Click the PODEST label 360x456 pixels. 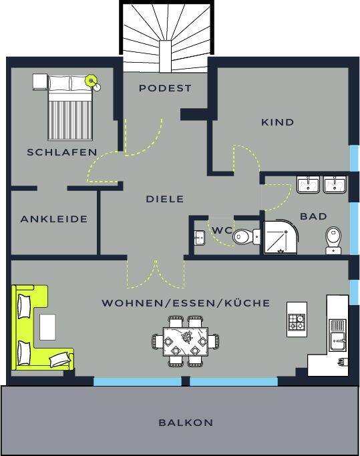(165, 88)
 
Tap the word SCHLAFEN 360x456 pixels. (62, 152)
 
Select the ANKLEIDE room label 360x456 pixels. (54, 219)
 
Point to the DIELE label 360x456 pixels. (165, 199)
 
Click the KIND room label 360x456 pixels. (278, 122)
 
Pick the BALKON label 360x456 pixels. (186, 423)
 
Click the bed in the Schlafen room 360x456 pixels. (70, 107)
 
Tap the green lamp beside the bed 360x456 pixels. (91, 80)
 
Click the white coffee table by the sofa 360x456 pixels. (47, 327)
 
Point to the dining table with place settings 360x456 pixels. (186, 341)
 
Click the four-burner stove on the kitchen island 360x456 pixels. (297, 322)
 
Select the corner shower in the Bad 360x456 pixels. (281, 237)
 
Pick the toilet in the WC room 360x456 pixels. (246, 237)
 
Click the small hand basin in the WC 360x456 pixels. (199, 237)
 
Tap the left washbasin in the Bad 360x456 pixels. (308, 185)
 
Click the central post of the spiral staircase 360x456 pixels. (165, 56)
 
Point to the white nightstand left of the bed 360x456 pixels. (40, 81)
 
